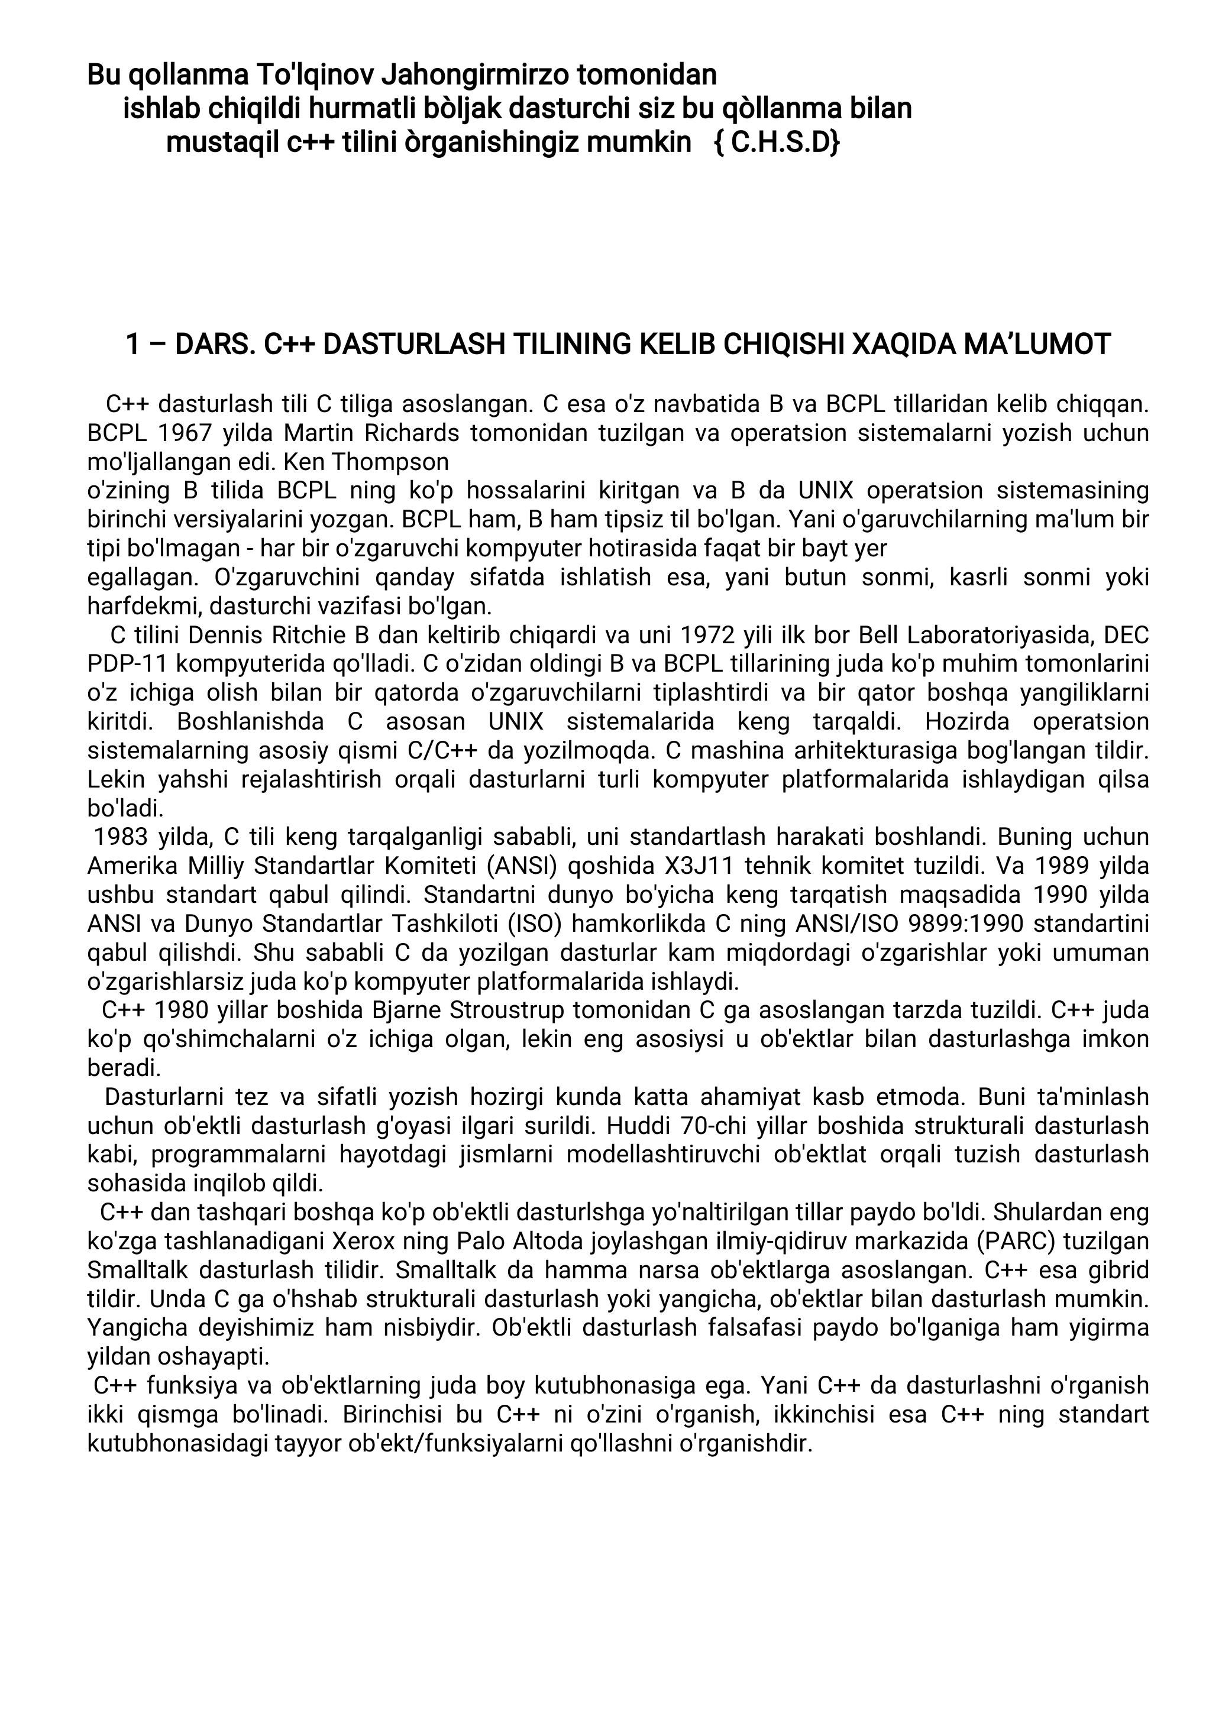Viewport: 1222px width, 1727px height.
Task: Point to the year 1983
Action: coord(121,837)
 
